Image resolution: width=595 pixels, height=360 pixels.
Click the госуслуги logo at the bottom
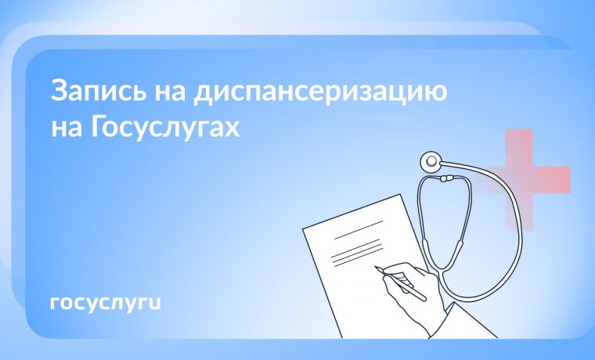(104, 303)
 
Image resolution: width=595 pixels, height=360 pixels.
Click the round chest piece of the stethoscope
(431, 163)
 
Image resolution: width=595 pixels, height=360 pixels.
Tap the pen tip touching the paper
(377, 268)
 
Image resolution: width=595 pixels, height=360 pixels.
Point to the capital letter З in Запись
(59, 91)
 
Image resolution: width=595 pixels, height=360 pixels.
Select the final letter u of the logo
(155, 303)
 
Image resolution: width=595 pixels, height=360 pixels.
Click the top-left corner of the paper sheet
(304, 229)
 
